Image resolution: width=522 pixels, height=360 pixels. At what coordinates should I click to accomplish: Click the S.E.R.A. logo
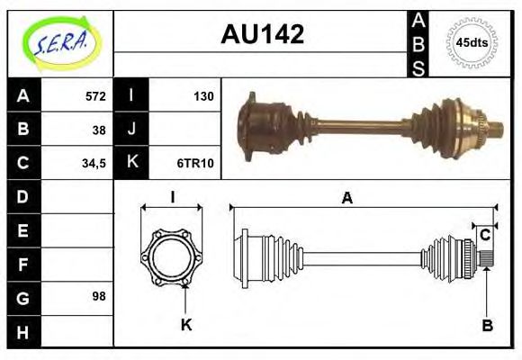[60, 43]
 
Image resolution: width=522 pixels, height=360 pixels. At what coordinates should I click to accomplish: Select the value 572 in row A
[95, 95]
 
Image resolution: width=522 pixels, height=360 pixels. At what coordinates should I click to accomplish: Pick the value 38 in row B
[99, 129]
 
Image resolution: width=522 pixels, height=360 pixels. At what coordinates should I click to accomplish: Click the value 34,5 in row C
[94, 163]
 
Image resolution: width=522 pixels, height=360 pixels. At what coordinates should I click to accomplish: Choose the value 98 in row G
[99, 295]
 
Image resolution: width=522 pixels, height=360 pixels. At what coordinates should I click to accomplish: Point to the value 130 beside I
[202, 95]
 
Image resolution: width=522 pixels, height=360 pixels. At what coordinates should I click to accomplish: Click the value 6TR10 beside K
[195, 163]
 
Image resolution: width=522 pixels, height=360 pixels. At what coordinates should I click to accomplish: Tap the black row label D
[23, 196]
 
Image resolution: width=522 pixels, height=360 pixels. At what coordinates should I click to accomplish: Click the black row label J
[131, 129]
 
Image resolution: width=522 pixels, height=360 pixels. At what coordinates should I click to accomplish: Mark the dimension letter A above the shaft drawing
[346, 199]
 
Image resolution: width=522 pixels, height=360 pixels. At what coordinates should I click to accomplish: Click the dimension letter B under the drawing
[486, 325]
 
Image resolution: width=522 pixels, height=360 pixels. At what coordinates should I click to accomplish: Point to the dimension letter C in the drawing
[485, 235]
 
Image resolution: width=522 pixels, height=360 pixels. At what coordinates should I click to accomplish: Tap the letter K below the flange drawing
[186, 325]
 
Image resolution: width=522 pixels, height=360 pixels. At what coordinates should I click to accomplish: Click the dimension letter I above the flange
[171, 199]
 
